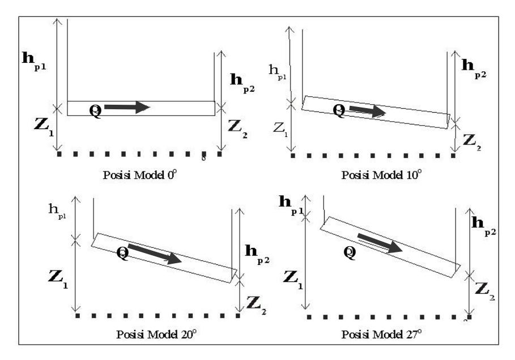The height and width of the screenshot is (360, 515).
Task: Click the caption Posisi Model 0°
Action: (x=140, y=174)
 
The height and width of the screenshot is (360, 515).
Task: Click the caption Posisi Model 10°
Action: (x=381, y=174)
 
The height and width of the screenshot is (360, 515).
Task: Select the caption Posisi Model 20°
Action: (x=156, y=334)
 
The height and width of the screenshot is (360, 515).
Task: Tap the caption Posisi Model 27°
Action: (x=381, y=334)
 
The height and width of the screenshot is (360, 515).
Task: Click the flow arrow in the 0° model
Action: (x=127, y=107)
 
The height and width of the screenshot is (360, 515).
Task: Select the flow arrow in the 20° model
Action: (x=154, y=254)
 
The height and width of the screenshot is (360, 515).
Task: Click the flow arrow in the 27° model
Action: (x=380, y=243)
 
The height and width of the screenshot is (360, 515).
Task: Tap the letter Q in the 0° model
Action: (x=96, y=110)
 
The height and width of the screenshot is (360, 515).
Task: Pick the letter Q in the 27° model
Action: (x=350, y=252)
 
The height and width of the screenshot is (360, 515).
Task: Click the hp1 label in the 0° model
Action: (x=34, y=61)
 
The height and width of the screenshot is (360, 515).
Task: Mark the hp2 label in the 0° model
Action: (x=242, y=83)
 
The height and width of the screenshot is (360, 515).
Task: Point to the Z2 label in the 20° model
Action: (x=256, y=305)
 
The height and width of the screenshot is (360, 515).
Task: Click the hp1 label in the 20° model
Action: (x=57, y=211)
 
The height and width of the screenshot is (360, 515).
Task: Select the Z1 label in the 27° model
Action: (x=293, y=280)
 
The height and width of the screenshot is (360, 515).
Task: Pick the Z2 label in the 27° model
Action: (x=485, y=292)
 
